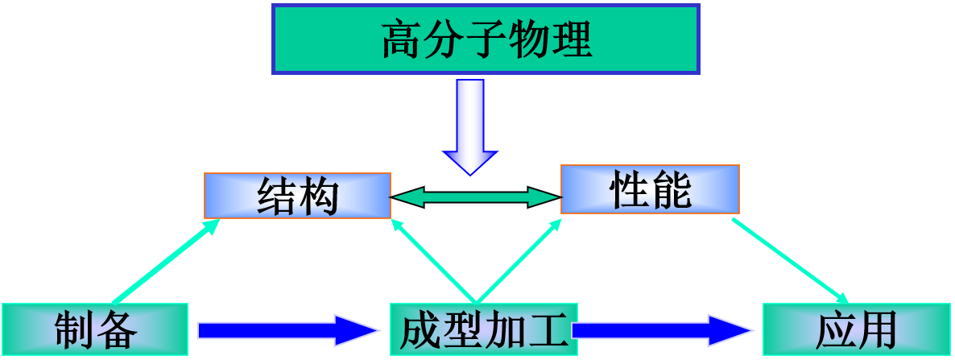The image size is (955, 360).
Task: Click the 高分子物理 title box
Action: (x=486, y=39)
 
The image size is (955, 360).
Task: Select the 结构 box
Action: (x=297, y=196)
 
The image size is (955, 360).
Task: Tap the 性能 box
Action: (x=650, y=189)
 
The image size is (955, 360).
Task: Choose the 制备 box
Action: (x=95, y=329)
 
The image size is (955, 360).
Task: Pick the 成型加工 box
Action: (x=483, y=329)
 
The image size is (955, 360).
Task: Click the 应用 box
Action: (x=856, y=329)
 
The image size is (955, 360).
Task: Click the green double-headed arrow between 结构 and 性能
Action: (x=476, y=197)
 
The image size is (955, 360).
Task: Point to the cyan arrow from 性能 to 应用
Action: (x=790, y=262)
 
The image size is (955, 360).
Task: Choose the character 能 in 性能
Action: (x=671, y=190)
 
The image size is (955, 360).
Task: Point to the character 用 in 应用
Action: (x=877, y=330)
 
